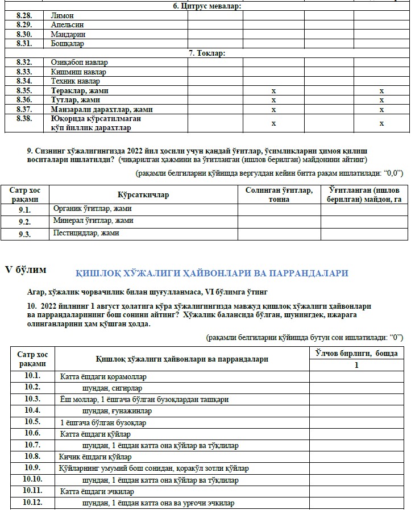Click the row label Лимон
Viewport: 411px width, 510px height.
pyautogui.click(x=63, y=15)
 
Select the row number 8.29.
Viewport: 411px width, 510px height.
pyautogui.click(x=24, y=25)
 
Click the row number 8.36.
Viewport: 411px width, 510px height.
pyautogui.click(x=24, y=100)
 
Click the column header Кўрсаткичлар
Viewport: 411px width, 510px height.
pyautogui.click(x=143, y=195)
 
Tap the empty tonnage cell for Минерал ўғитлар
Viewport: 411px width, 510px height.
pyautogui.click(x=279, y=221)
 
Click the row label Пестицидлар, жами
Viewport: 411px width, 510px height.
pyautogui.click(x=86, y=233)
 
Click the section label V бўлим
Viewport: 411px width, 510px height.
pyautogui.click(x=26, y=269)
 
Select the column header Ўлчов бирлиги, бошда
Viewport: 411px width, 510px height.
pyautogui.click(x=356, y=354)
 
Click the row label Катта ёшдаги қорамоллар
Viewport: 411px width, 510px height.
pyautogui.click(x=103, y=376)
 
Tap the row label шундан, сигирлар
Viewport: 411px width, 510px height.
pyautogui.click(x=110, y=388)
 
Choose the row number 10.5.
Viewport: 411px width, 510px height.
pyautogui.click(x=32, y=422)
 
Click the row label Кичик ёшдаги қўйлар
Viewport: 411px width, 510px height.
pyautogui.click(x=96, y=457)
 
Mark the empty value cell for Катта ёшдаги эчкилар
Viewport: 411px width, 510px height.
pyautogui.click(x=356, y=491)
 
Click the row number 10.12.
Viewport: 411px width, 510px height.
pyautogui.click(x=32, y=503)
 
